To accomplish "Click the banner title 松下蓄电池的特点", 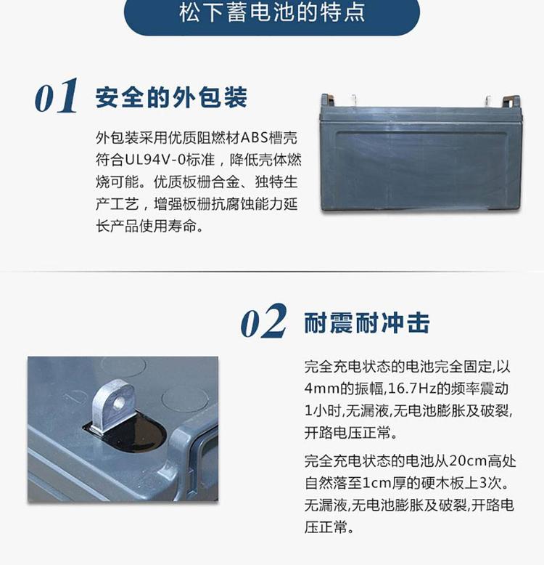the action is click(272, 12).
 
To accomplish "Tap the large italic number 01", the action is click(56, 96).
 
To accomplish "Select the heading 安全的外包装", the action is click(171, 97).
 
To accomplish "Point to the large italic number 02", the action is click(264, 321).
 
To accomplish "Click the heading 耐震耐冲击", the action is click(367, 323).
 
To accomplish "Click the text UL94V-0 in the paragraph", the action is click(155, 160).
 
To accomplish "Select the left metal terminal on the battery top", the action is click(354, 100).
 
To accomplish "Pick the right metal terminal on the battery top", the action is click(488, 101).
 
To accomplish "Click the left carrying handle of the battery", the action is click(327, 99).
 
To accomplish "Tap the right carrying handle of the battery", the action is click(511, 101).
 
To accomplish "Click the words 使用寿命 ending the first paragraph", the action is click(168, 226).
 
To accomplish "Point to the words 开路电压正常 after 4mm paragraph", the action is click(347, 432).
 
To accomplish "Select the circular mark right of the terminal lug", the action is click(185, 399).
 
